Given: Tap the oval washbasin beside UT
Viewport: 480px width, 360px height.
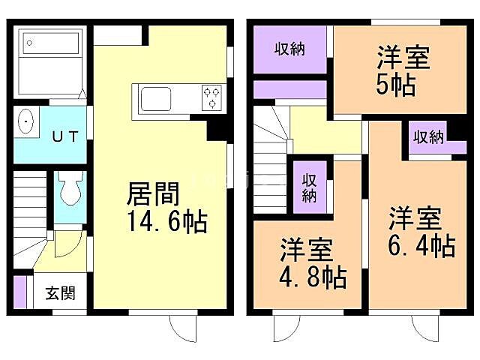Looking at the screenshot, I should [x=27, y=121].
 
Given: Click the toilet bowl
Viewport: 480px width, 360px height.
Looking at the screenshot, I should [x=71, y=190].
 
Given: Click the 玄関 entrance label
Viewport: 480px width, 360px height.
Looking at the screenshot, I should [x=58, y=293].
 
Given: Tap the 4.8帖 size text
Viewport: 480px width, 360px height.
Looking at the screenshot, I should [x=313, y=277].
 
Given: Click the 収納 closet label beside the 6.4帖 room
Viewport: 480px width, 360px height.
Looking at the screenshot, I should [x=427, y=137].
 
